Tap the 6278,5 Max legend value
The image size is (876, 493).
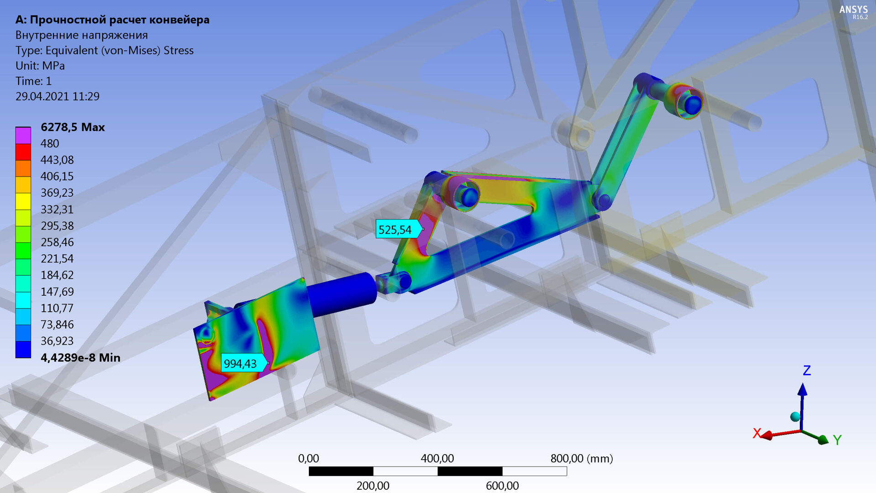tap(73, 127)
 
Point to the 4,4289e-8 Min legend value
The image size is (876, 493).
tap(80, 357)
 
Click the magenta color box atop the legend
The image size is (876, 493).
tap(23, 136)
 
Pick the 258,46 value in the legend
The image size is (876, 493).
tap(57, 242)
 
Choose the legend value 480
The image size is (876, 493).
tap(50, 143)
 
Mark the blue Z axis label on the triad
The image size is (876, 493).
tap(807, 370)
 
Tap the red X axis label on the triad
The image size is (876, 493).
tap(757, 433)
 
